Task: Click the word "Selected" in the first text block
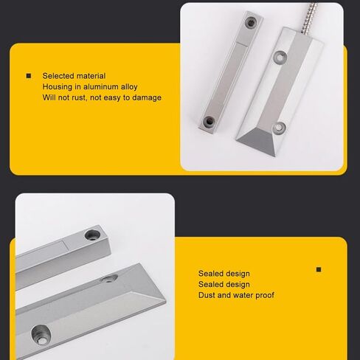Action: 58,76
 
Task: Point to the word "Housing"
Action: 58,87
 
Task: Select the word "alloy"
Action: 129,87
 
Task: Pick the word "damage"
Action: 147,98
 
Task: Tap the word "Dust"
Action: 207,295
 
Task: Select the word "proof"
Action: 264,295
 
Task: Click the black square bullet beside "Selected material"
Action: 29,76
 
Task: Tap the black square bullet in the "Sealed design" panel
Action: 319,270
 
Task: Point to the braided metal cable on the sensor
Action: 309,18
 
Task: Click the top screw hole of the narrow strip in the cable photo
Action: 251,23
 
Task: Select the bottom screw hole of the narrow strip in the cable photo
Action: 209,122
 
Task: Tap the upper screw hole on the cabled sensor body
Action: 280,58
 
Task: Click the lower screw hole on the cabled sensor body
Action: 279,128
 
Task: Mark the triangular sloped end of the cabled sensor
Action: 257,142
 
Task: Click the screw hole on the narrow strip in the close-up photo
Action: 92,235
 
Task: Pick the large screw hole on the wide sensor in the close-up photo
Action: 41,335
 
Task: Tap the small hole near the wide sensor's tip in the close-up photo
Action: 109,279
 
